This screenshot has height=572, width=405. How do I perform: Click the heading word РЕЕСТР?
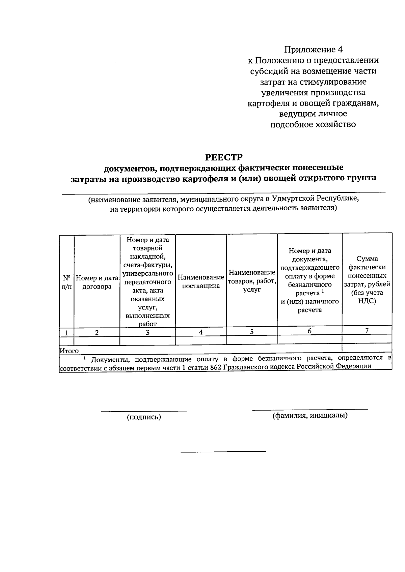(x=224, y=157)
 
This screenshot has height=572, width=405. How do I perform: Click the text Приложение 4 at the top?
(x=313, y=50)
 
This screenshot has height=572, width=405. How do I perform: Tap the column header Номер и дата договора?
(x=97, y=282)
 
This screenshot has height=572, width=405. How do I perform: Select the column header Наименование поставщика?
(x=201, y=281)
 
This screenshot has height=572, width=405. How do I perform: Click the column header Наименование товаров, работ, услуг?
(x=252, y=281)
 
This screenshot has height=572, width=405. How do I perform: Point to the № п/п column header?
(x=67, y=282)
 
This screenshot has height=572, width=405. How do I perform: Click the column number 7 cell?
(x=367, y=330)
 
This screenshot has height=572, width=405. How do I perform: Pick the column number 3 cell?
(x=147, y=332)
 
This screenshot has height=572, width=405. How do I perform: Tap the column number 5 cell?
(x=252, y=331)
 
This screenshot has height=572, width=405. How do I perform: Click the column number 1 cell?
(x=67, y=333)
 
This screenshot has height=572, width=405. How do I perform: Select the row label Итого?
(x=69, y=351)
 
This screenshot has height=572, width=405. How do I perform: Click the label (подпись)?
(x=144, y=417)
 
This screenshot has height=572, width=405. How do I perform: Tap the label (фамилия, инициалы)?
(x=310, y=415)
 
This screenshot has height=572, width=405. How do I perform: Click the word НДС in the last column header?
(x=367, y=301)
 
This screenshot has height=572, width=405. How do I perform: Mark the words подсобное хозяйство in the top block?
(x=313, y=124)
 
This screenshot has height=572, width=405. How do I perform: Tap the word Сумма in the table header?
(x=367, y=259)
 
